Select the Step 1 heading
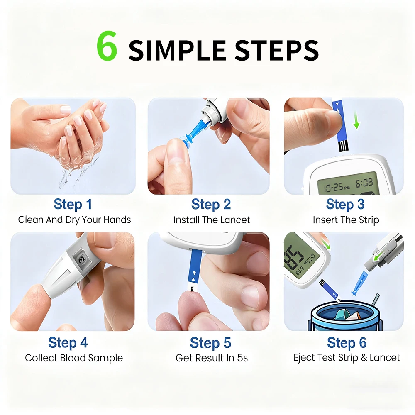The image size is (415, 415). pyautogui.click(x=73, y=205)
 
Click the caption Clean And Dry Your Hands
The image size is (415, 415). pyautogui.click(x=74, y=220)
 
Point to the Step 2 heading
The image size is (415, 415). pyautogui.click(x=211, y=205)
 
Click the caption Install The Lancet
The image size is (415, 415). pyautogui.click(x=212, y=220)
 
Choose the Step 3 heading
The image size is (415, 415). pyautogui.click(x=345, y=205)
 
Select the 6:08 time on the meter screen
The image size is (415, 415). pyautogui.click(x=364, y=183)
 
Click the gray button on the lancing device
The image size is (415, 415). pyautogui.click(x=79, y=261)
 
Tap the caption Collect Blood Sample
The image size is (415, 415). pyautogui.click(x=74, y=358)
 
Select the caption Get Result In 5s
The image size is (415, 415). pyautogui.click(x=212, y=358)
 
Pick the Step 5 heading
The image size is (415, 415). pyautogui.click(x=210, y=343)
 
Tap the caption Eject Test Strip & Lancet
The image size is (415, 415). pyautogui.click(x=347, y=358)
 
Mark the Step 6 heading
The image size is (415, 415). pyautogui.click(x=347, y=343)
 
